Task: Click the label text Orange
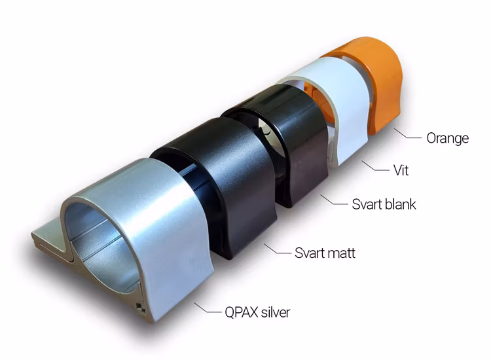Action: [x=448, y=138]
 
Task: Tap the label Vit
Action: [x=401, y=170]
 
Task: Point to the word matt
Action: [x=341, y=253]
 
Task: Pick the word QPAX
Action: [x=241, y=312]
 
